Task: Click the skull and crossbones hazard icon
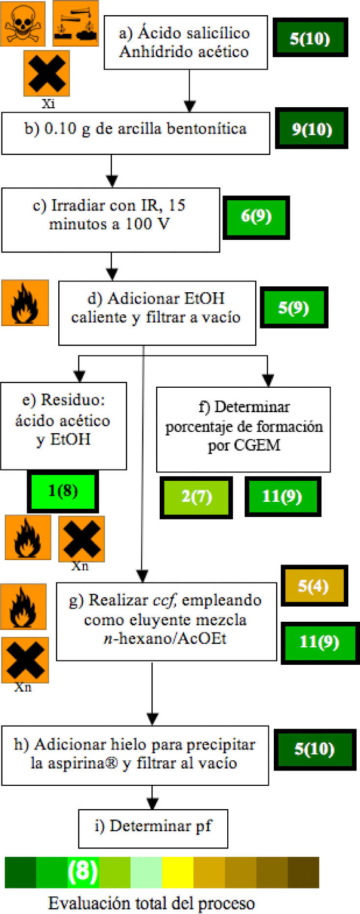pyautogui.click(x=23, y=24)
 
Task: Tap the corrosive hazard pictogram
pyautogui.click(x=75, y=23)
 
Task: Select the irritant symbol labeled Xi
pyautogui.click(x=47, y=73)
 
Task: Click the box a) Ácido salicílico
pyautogui.click(x=186, y=43)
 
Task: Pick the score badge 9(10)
pyautogui.click(x=312, y=129)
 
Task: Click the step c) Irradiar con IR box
pyautogui.click(x=110, y=220)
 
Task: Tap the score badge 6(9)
pyautogui.click(x=256, y=217)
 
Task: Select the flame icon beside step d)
pyautogui.click(x=25, y=303)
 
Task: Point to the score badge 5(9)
pyautogui.click(x=293, y=307)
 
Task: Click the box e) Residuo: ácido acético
pyautogui.click(x=63, y=425)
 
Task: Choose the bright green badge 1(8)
pyautogui.click(x=63, y=491)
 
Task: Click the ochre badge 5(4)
pyautogui.click(x=313, y=586)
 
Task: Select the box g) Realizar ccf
pyautogui.click(x=166, y=621)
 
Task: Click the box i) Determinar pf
pyautogui.click(x=153, y=828)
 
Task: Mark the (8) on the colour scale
pyautogui.click(x=83, y=872)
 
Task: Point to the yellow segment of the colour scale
pyautogui.click(x=177, y=872)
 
